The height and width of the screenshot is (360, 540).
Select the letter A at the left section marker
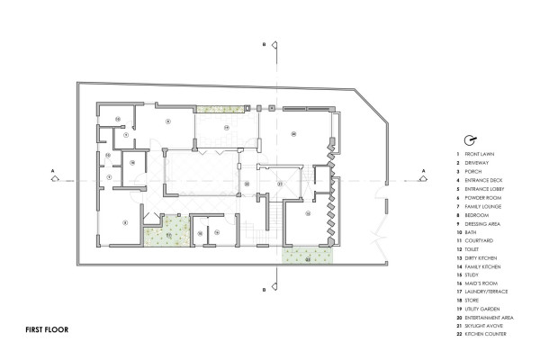click(x=53, y=168)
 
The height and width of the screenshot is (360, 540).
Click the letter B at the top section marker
click(x=262, y=42)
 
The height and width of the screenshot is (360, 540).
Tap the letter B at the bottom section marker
click(x=262, y=290)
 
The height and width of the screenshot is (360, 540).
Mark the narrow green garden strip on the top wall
click(x=213, y=109)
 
